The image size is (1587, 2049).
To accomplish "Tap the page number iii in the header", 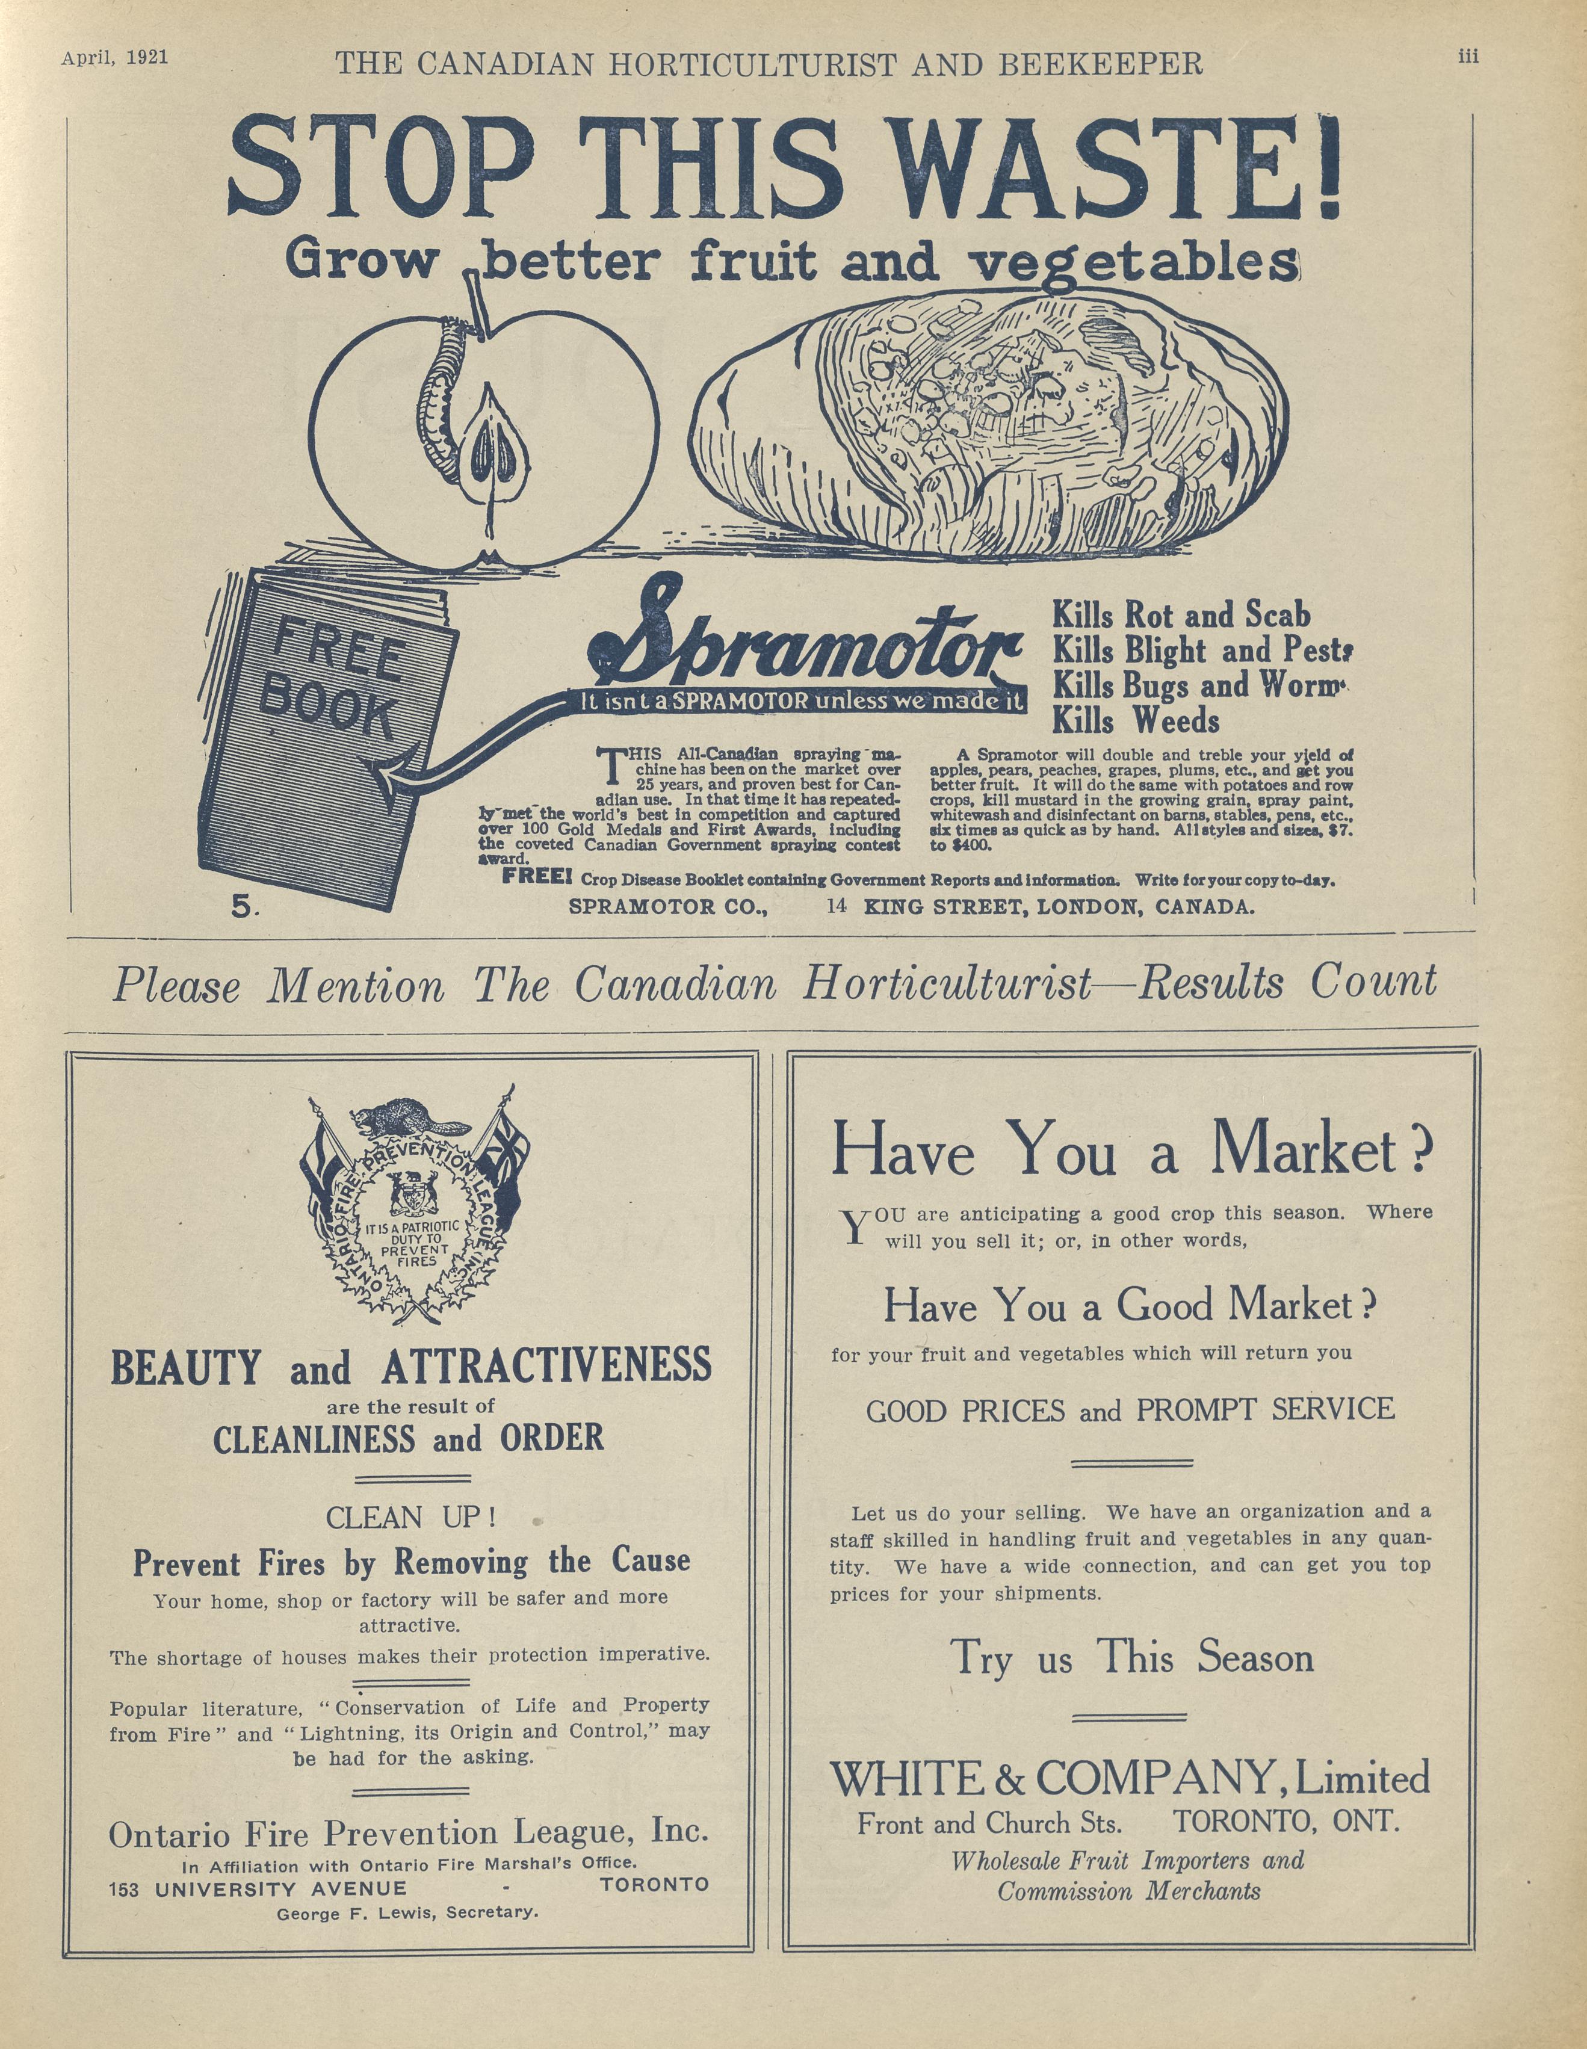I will click(1468, 57).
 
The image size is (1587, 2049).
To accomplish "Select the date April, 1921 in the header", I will click(114, 57).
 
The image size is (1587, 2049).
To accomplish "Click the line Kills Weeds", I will click(1136, 722).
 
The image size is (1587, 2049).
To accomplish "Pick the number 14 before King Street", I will click(837, 906).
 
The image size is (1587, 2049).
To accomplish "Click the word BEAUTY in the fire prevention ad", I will click(185, 1367).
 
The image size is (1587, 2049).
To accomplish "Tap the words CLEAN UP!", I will click(410, 1517).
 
